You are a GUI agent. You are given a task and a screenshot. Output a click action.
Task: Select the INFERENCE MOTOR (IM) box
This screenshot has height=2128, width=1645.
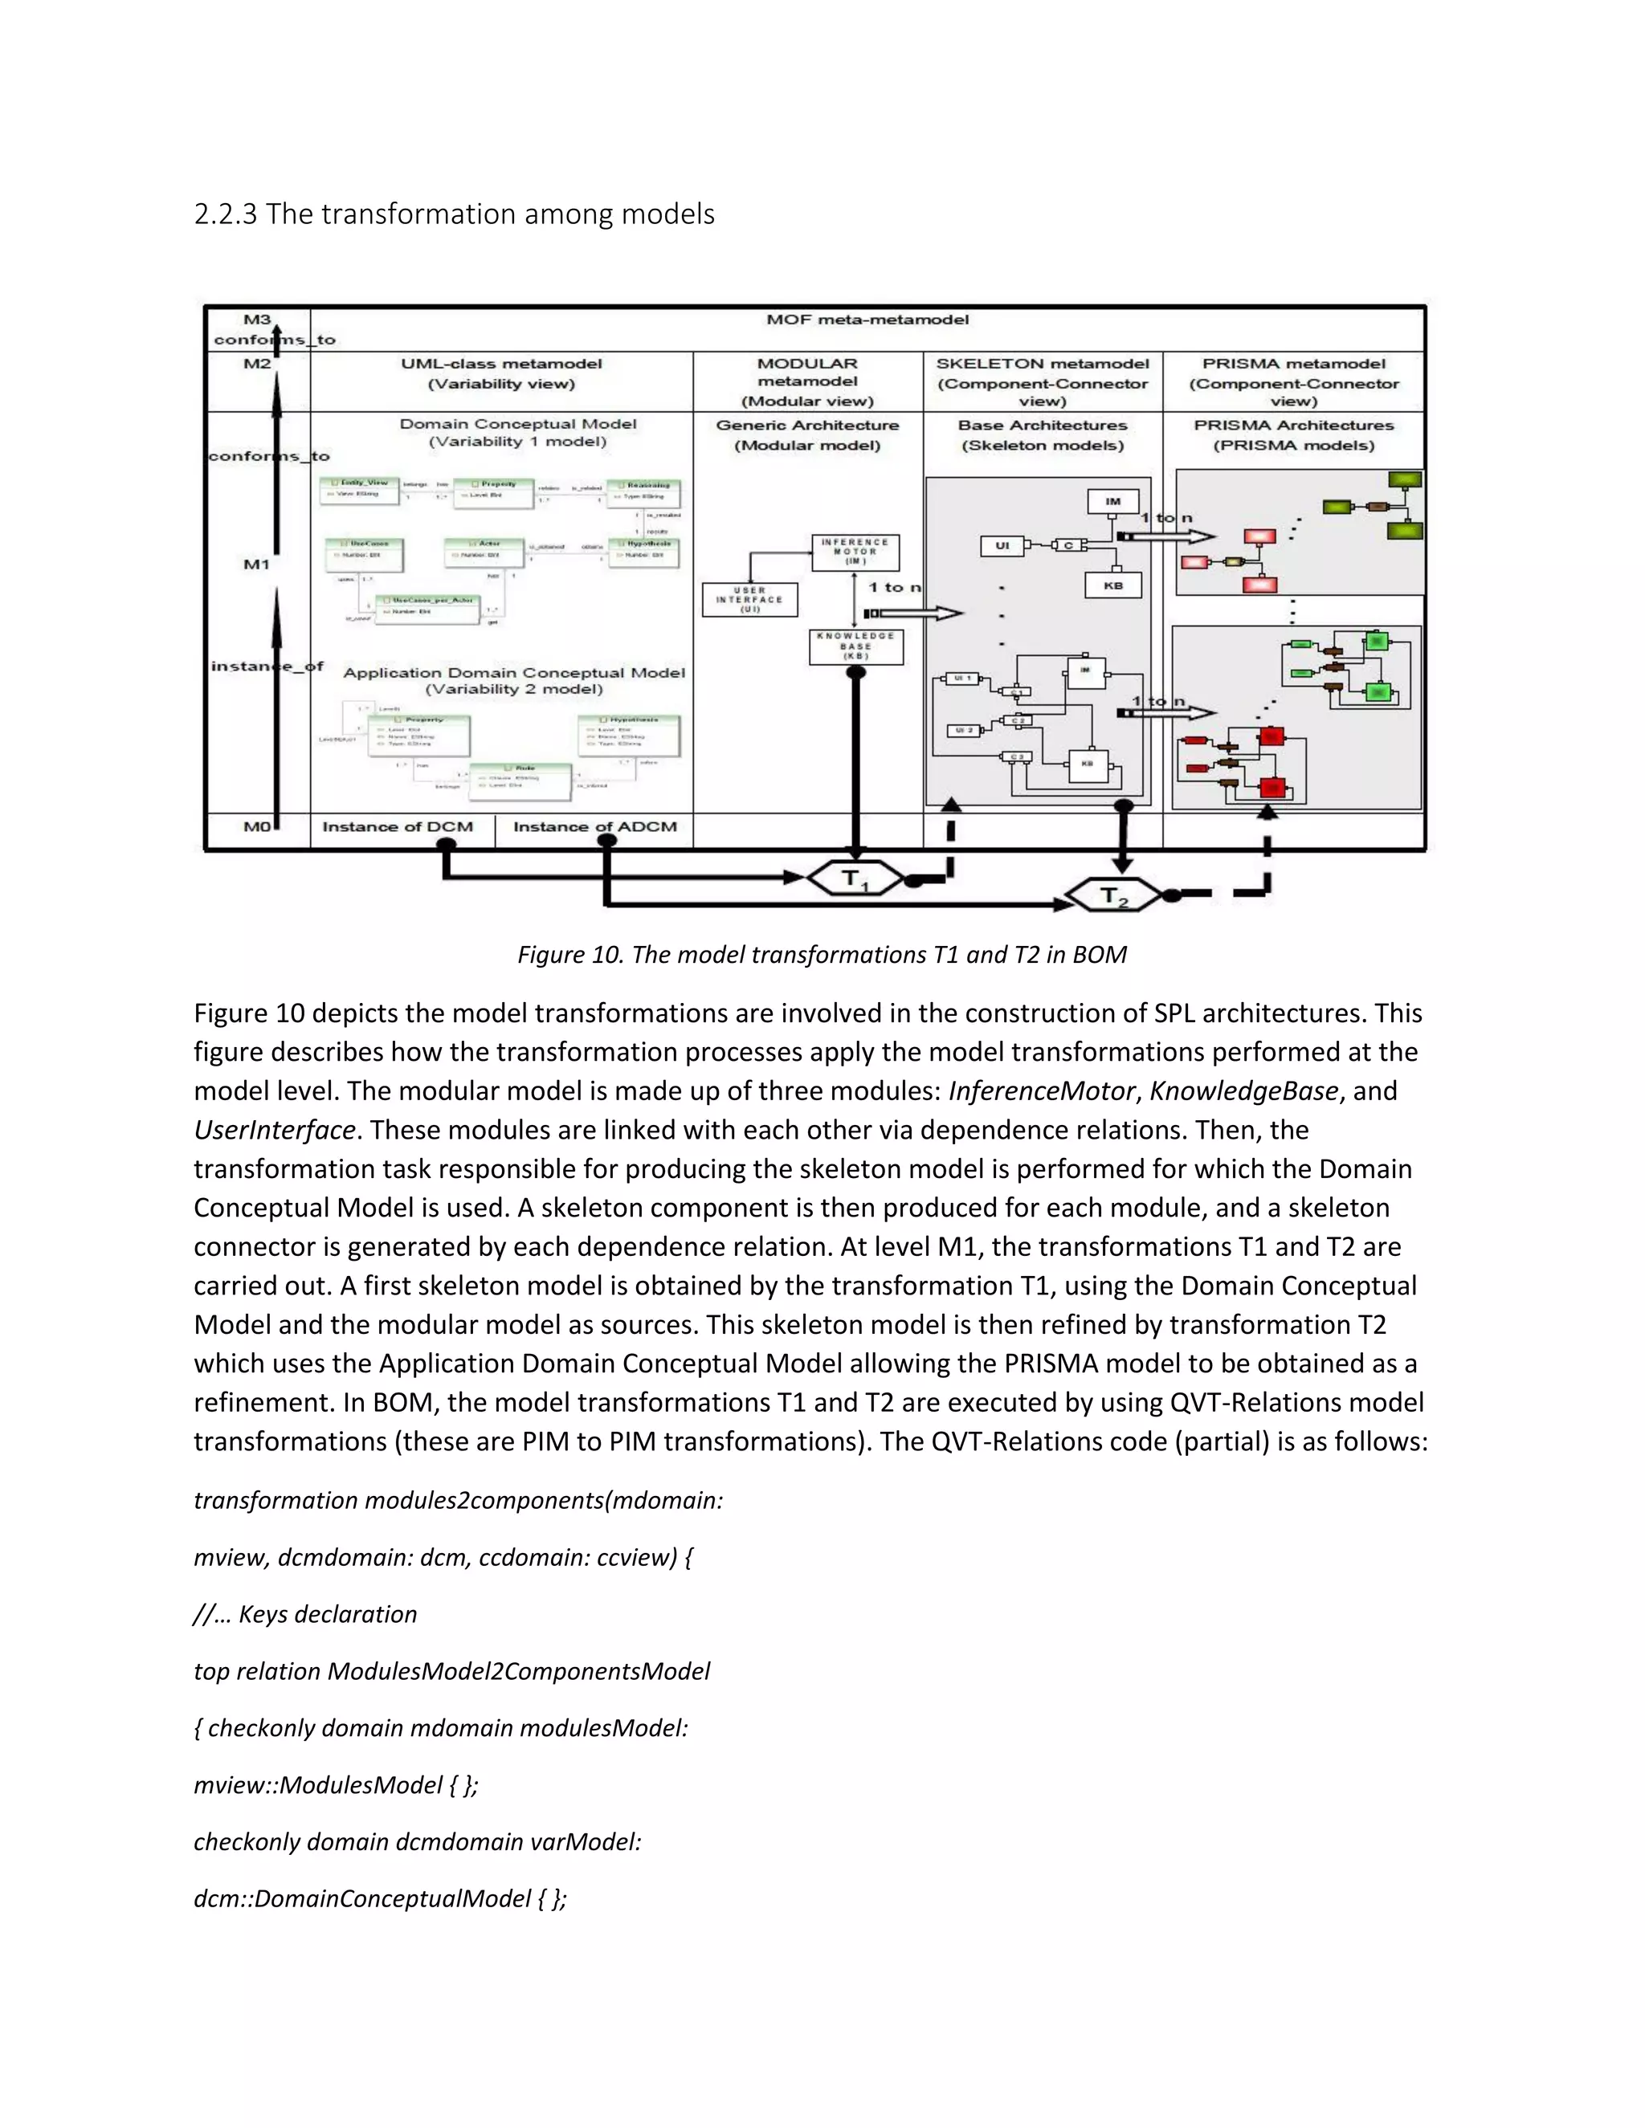[855, 552]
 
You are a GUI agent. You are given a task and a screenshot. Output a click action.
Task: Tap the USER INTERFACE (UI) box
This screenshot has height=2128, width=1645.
[749, 599]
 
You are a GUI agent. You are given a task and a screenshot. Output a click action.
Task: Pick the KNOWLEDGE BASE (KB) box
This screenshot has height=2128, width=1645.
[855, 646]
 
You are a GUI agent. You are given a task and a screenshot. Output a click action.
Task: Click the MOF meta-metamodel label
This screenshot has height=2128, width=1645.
[867, 320]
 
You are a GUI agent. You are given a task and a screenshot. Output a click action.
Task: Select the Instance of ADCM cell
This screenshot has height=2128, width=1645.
[594, 827]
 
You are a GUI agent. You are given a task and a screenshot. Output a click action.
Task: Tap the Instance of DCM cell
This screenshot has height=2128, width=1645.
[398, 827]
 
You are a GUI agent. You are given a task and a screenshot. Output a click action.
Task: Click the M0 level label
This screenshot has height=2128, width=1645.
[255, 827]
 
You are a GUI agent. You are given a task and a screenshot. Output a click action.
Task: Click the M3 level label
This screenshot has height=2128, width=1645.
[257, 320]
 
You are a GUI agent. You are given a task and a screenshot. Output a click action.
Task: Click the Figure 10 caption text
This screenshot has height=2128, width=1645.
[822, 955]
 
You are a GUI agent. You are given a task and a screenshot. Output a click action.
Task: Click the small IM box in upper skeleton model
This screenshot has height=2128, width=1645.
[1112, 502]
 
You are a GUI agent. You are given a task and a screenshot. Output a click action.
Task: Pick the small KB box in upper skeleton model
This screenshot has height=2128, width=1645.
[1113, 585]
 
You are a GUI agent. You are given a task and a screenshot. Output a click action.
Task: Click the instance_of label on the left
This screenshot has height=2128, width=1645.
[266, 667]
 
